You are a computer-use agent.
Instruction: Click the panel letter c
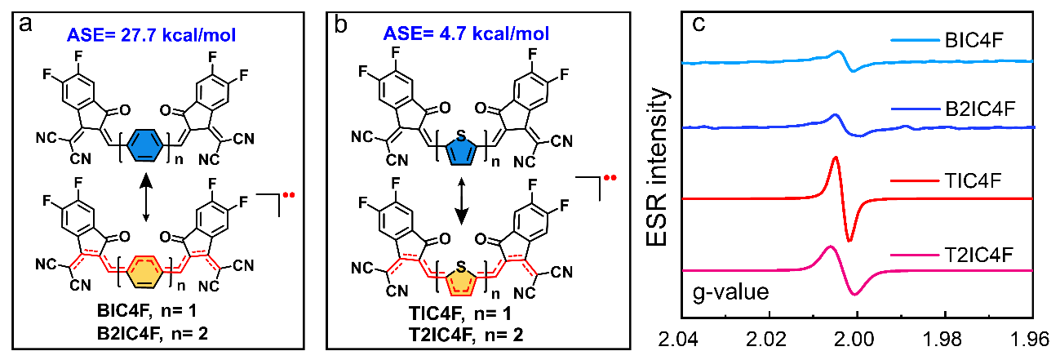click(x=699, y=23)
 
